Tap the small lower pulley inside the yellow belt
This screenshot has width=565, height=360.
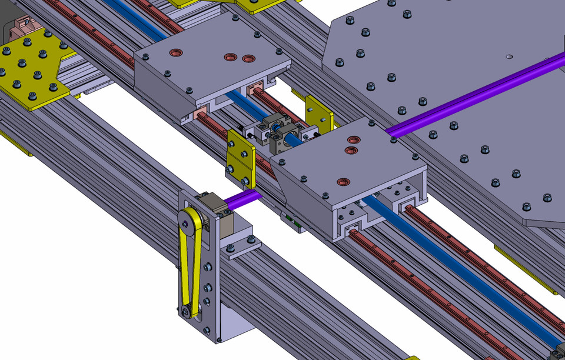click(187, 312)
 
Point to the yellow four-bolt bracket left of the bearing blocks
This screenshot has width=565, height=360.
click(241, 158)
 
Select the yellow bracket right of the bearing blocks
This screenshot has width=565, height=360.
click(318, 114)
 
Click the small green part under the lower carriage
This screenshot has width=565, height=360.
click(293, 221)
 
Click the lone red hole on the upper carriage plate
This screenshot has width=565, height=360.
click(175, 53)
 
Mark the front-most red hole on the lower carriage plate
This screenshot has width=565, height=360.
click(341, 181)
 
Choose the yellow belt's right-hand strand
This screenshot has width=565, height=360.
click(198, 265)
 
